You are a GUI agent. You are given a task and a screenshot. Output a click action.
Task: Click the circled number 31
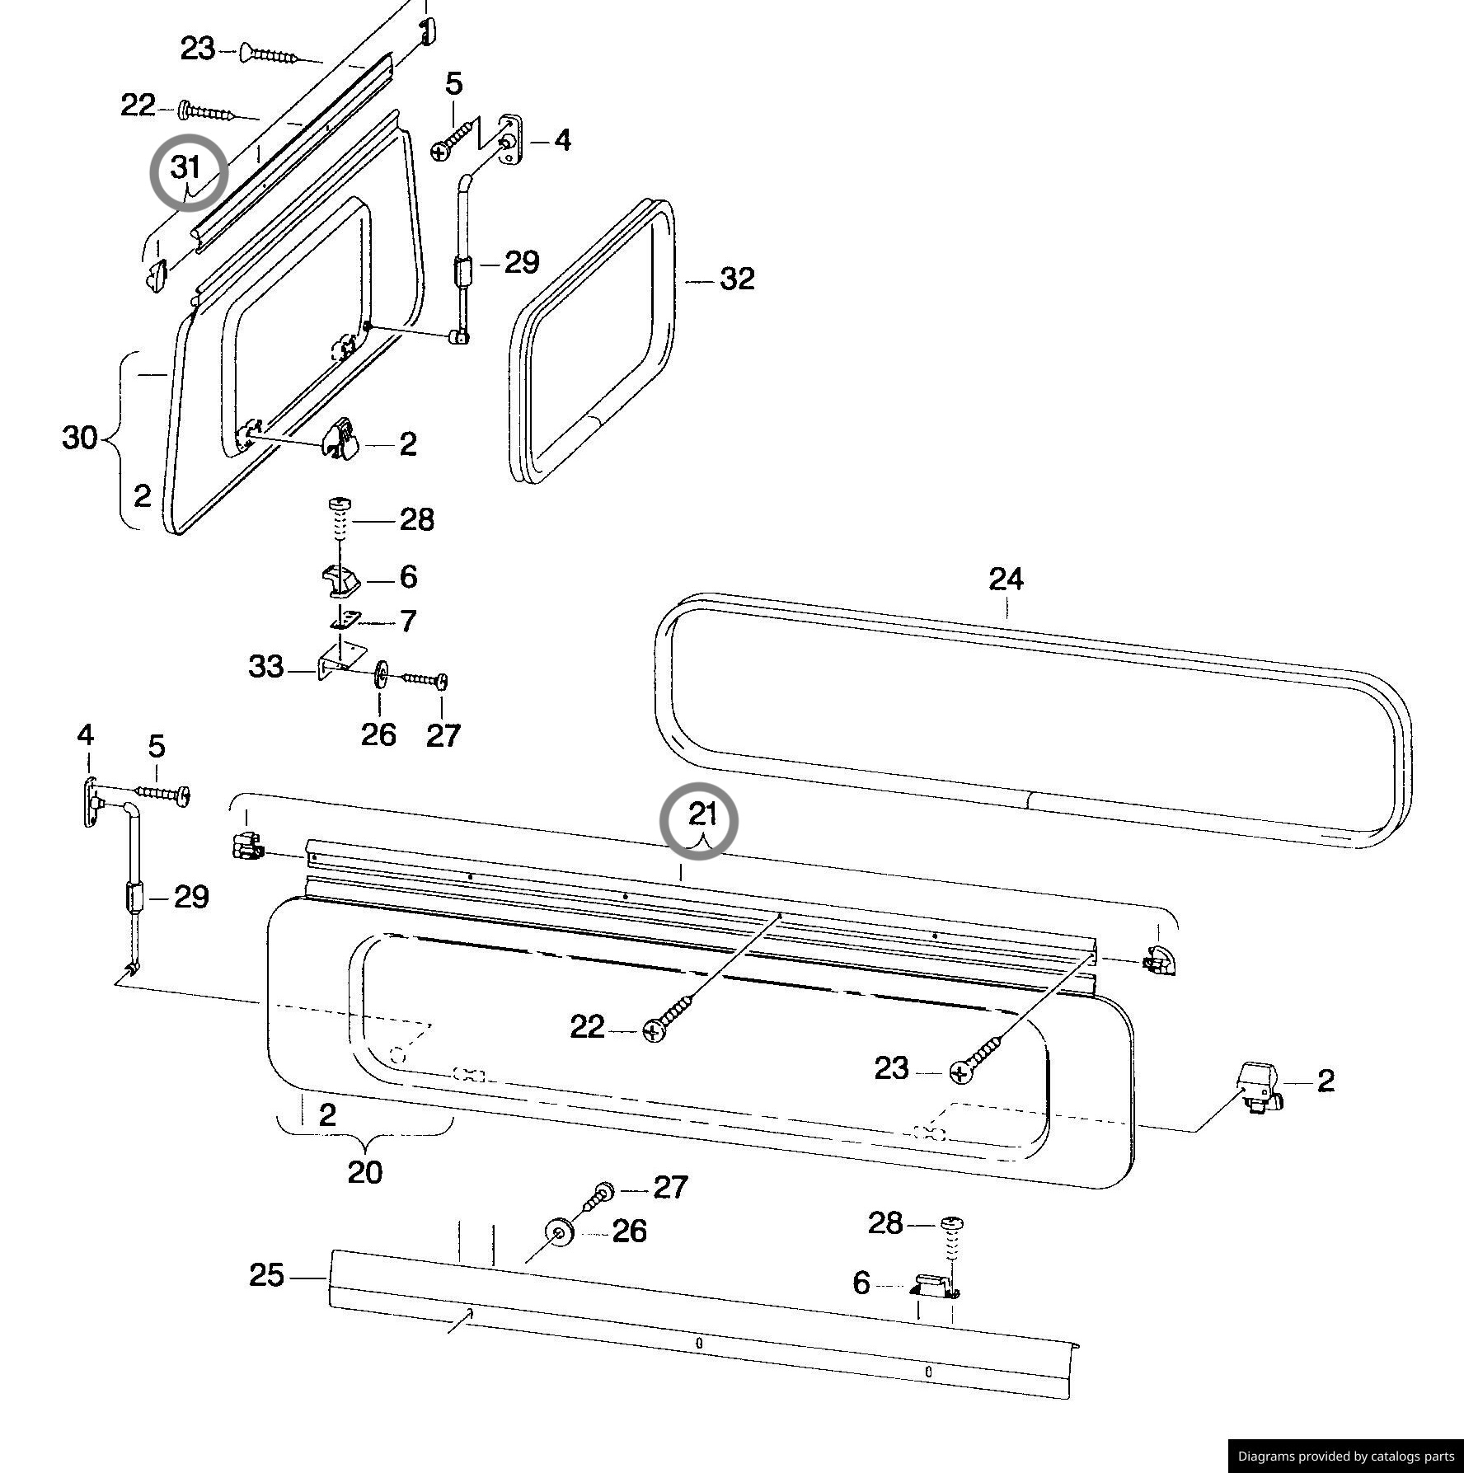pos(186,169)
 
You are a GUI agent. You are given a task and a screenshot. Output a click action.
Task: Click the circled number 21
pos(702,815)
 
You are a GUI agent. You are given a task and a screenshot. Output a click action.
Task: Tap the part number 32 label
pos(737,279)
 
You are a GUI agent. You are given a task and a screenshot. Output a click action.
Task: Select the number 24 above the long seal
pos(1006,580)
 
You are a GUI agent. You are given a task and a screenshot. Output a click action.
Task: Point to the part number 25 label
pos(267,1276)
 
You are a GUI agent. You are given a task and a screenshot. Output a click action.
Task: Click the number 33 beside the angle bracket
pos(265,667)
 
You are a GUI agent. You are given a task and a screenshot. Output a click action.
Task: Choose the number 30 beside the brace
pos(80,438)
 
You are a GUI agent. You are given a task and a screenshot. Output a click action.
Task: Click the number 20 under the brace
pos(364,1172)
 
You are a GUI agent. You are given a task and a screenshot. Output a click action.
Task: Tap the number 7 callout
pos(408,622)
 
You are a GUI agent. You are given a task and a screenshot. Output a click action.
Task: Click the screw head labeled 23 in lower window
pos(959,1072)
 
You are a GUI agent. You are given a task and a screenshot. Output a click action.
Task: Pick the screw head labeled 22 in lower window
pos(653,1030)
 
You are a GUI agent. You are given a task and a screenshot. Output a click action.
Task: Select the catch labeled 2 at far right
pos(1258,1088)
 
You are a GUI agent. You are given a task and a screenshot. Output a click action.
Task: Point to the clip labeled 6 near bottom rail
pos(932,1284)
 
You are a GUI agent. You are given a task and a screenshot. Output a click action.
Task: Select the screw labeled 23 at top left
pos(269,55)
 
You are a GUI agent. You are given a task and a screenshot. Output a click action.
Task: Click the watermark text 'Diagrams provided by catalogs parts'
pos(1345,1457)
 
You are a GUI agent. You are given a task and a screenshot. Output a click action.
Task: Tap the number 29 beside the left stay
pos(191,897)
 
